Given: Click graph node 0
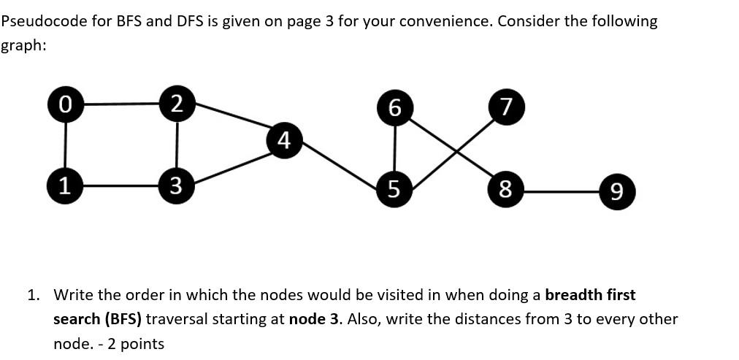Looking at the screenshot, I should pyautogui.click(x=66, y=104).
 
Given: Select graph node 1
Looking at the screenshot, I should pyautogui.click(x=66, y=185).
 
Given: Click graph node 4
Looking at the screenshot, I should pyautogui.click(x=286, y=139).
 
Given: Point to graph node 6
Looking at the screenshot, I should pyautogui.click(x=394, y=109).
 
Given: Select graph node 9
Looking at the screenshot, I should pyautogui.click(x=616, y=193).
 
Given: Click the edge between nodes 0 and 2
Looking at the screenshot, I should pyautogui.click(x=121, y=104).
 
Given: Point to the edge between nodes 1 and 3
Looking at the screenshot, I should pyautogui.click(x=121, y=185).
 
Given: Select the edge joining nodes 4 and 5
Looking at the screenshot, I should pyautogui.click(x=340, y=165).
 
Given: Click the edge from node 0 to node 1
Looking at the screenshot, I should pyautogui.click(x=66, y=145).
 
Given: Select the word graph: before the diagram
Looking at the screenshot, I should pyautogui.click(x=23, y=45).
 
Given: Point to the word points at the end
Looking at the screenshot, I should pyautogui.click(x=142, y=343).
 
